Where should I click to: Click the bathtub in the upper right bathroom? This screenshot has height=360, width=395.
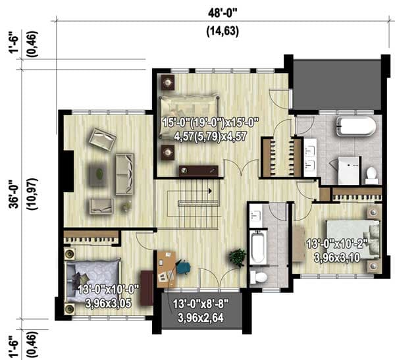click(355, 126)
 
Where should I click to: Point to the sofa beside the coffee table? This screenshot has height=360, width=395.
click(124, 174)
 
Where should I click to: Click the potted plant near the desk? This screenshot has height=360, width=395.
click(236, 257)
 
